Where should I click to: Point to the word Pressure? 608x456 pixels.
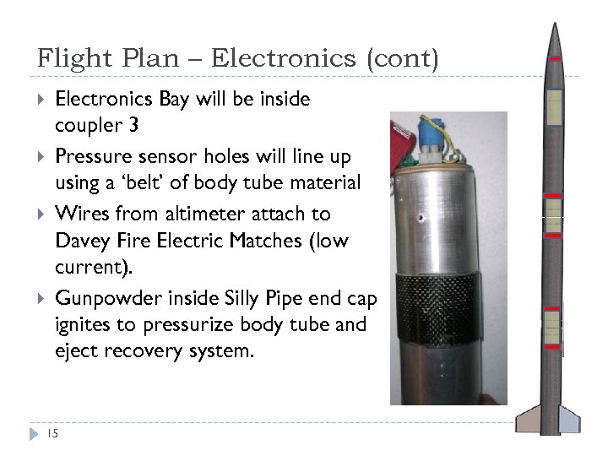[x=92, y=156]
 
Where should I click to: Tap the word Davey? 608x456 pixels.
[x=81, y=241]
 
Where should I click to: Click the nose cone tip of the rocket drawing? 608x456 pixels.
[x=555, y=25]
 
